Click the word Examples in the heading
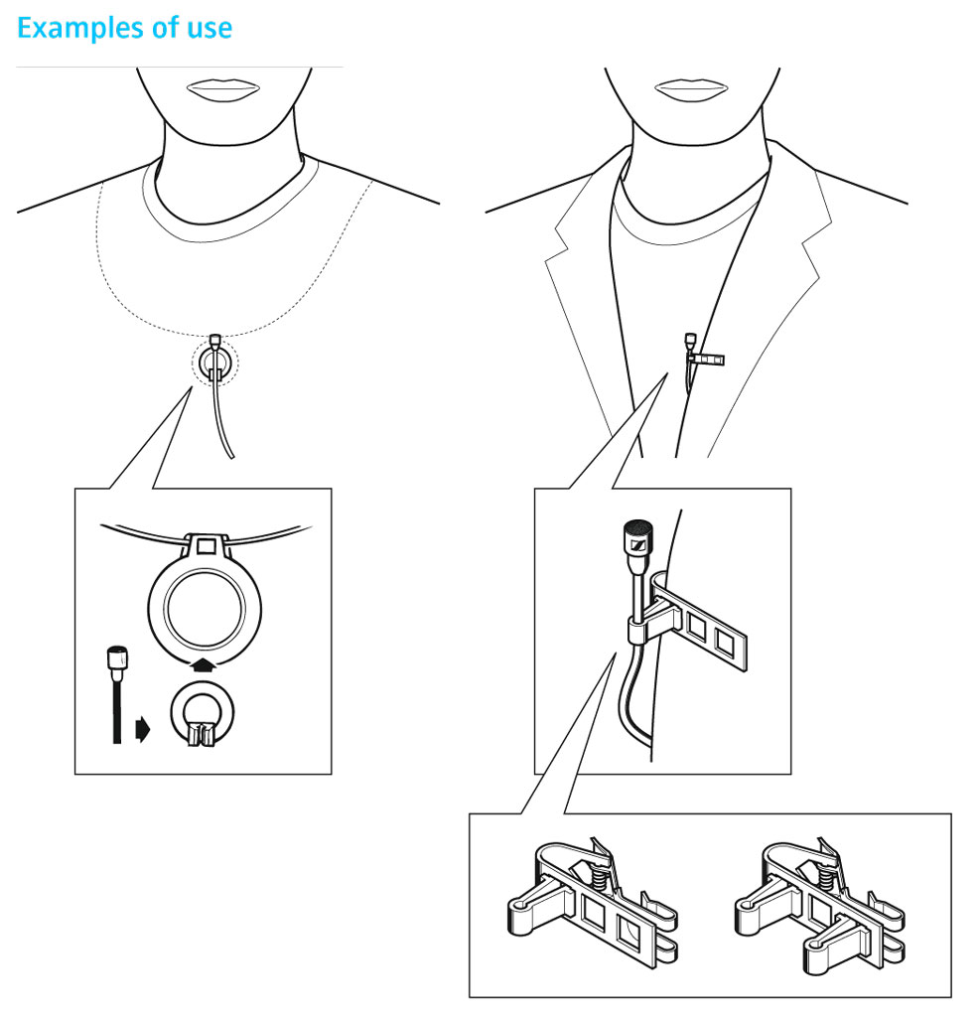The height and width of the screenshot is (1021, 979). point(80,29)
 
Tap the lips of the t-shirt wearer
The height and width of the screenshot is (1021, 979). point(223,89)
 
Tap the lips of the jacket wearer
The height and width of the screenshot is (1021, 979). point(691,89)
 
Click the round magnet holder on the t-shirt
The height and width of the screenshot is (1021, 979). point(214,364)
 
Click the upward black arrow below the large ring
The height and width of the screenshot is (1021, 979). point(205,664)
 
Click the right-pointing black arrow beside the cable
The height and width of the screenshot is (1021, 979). point(143,729)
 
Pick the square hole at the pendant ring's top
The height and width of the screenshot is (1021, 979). point(206,544)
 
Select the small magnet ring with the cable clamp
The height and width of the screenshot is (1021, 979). point(202,714)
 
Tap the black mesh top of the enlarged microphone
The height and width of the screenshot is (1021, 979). point(638,526)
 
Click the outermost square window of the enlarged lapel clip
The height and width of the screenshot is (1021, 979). point(725,641)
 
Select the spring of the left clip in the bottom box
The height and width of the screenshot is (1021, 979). point(599,880)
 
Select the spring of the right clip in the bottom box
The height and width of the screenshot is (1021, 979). point(825,880)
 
